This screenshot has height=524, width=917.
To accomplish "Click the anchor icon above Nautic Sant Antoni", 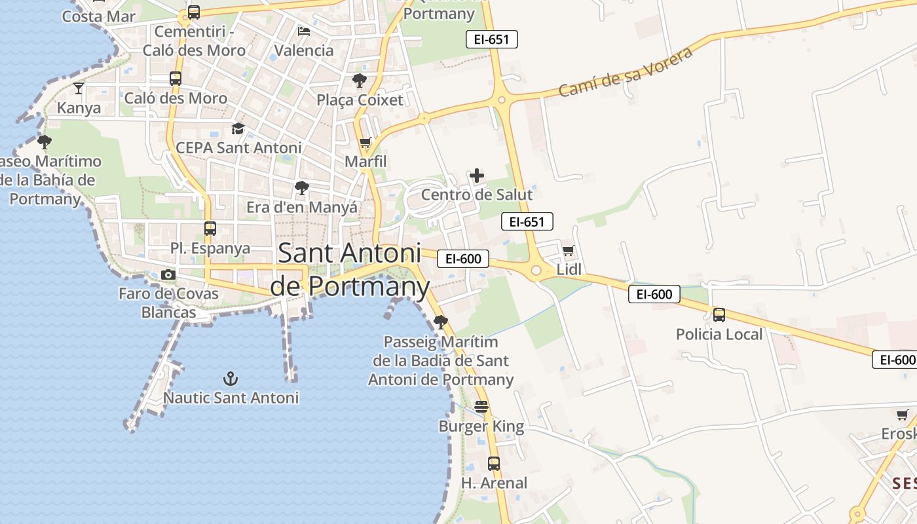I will pos(231,378).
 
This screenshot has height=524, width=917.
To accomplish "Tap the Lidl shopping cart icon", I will pos(569,250).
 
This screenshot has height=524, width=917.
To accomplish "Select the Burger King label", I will pos(481,427).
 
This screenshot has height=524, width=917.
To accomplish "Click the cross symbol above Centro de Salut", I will pos(477,175).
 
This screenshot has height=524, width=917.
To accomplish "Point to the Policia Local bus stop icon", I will pos(719,315).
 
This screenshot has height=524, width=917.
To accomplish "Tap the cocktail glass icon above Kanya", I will pos(79,88).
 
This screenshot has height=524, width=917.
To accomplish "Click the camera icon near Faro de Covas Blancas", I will pos(168,274).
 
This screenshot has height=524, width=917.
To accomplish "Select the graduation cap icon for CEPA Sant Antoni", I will pos(238,128).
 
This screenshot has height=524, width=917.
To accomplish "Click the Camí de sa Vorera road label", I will pos(626,72).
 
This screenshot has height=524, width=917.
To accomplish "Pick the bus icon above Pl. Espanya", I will pos(210,229).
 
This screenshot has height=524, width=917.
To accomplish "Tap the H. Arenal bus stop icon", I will pos(494,464).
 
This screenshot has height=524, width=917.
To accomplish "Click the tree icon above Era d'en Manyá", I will pos(301,188).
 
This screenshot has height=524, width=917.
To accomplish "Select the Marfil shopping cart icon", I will pos(365,142).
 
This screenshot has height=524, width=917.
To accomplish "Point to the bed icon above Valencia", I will pos(304,31).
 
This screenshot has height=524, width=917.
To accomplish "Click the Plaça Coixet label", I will pos(360,100).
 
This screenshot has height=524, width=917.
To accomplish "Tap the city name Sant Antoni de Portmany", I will pos(349,269).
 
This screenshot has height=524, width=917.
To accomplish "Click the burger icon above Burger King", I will pos(481,407).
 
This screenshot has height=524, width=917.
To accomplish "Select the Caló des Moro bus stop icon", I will pos(175,79).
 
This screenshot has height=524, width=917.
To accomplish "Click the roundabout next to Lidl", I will pos(536,270).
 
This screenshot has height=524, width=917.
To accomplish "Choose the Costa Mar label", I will pos(98,16).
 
